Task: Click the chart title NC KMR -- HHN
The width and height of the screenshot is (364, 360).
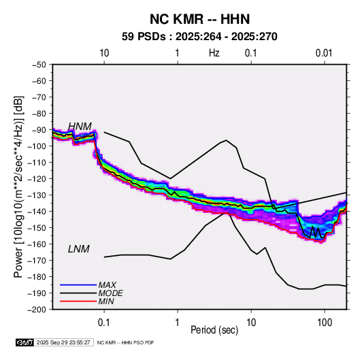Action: pyautogui.click(x=199, y=19)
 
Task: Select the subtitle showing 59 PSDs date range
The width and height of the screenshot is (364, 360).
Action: pyautogui.click(x=199, y=37)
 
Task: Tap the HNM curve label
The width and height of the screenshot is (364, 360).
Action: pyautogui.click(x=80, y=127)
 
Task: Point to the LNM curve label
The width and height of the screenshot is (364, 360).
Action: pyautogui.click(x=79, y=249)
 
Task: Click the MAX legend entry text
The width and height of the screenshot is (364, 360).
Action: pyautogui.click(x=107, y=285)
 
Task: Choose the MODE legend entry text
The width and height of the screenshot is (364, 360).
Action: pyautogui.click(x=110, y=293)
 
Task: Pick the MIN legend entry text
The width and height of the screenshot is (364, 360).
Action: pyautogui.click(x=106, y=301)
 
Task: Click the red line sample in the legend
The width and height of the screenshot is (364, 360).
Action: pyautogui.click(x=78, y=301)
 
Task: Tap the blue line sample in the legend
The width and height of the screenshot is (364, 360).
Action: pyautogui.click(x=78, y=284)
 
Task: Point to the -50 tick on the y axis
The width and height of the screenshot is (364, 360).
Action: pyautogui.click(x=39, y=65)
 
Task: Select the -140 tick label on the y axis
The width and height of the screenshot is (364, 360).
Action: pyautogui.click(x=37, y=212)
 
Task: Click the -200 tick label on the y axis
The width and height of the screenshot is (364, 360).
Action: pyautogui.click(x=37, y=310)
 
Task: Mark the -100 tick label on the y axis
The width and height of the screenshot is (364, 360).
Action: pyautogui.click(x=37, y=146)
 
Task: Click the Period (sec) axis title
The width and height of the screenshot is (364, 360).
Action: pyautogui.click(x=214, y=330)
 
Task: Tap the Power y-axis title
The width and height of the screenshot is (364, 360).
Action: pyautogui.click(x=18, y=186)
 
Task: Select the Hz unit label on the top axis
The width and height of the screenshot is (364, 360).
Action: pyautogui.click(x=214, y=53)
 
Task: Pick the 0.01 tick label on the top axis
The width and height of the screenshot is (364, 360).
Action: pyautogui.click(x=324, y=53)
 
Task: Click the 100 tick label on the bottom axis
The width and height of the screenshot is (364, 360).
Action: pyautogui.click(x=325, y=323)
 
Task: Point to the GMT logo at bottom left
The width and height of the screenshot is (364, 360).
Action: pyautogui.click(x=25, y=342)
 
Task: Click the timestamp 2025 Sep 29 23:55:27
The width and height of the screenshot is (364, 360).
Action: pyautogui.click(x=63, y=342)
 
